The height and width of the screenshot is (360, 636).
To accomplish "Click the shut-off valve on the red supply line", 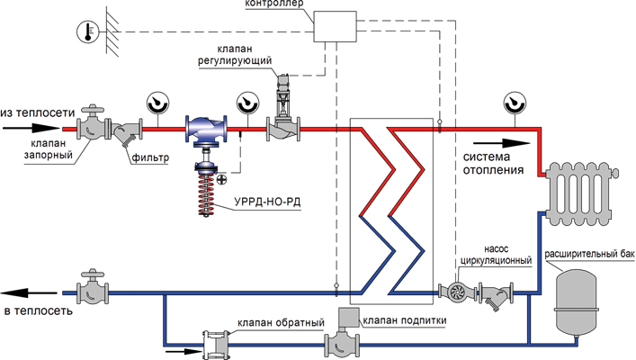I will (93, 129).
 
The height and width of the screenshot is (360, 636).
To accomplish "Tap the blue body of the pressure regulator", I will (206, 131).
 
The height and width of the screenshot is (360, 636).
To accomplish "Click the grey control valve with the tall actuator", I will (281, 129).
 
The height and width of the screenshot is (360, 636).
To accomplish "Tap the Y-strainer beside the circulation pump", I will (493, 295).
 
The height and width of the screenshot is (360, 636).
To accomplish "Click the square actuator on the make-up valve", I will (345, 320).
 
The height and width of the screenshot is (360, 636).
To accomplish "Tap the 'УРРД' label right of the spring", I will (267, 200).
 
